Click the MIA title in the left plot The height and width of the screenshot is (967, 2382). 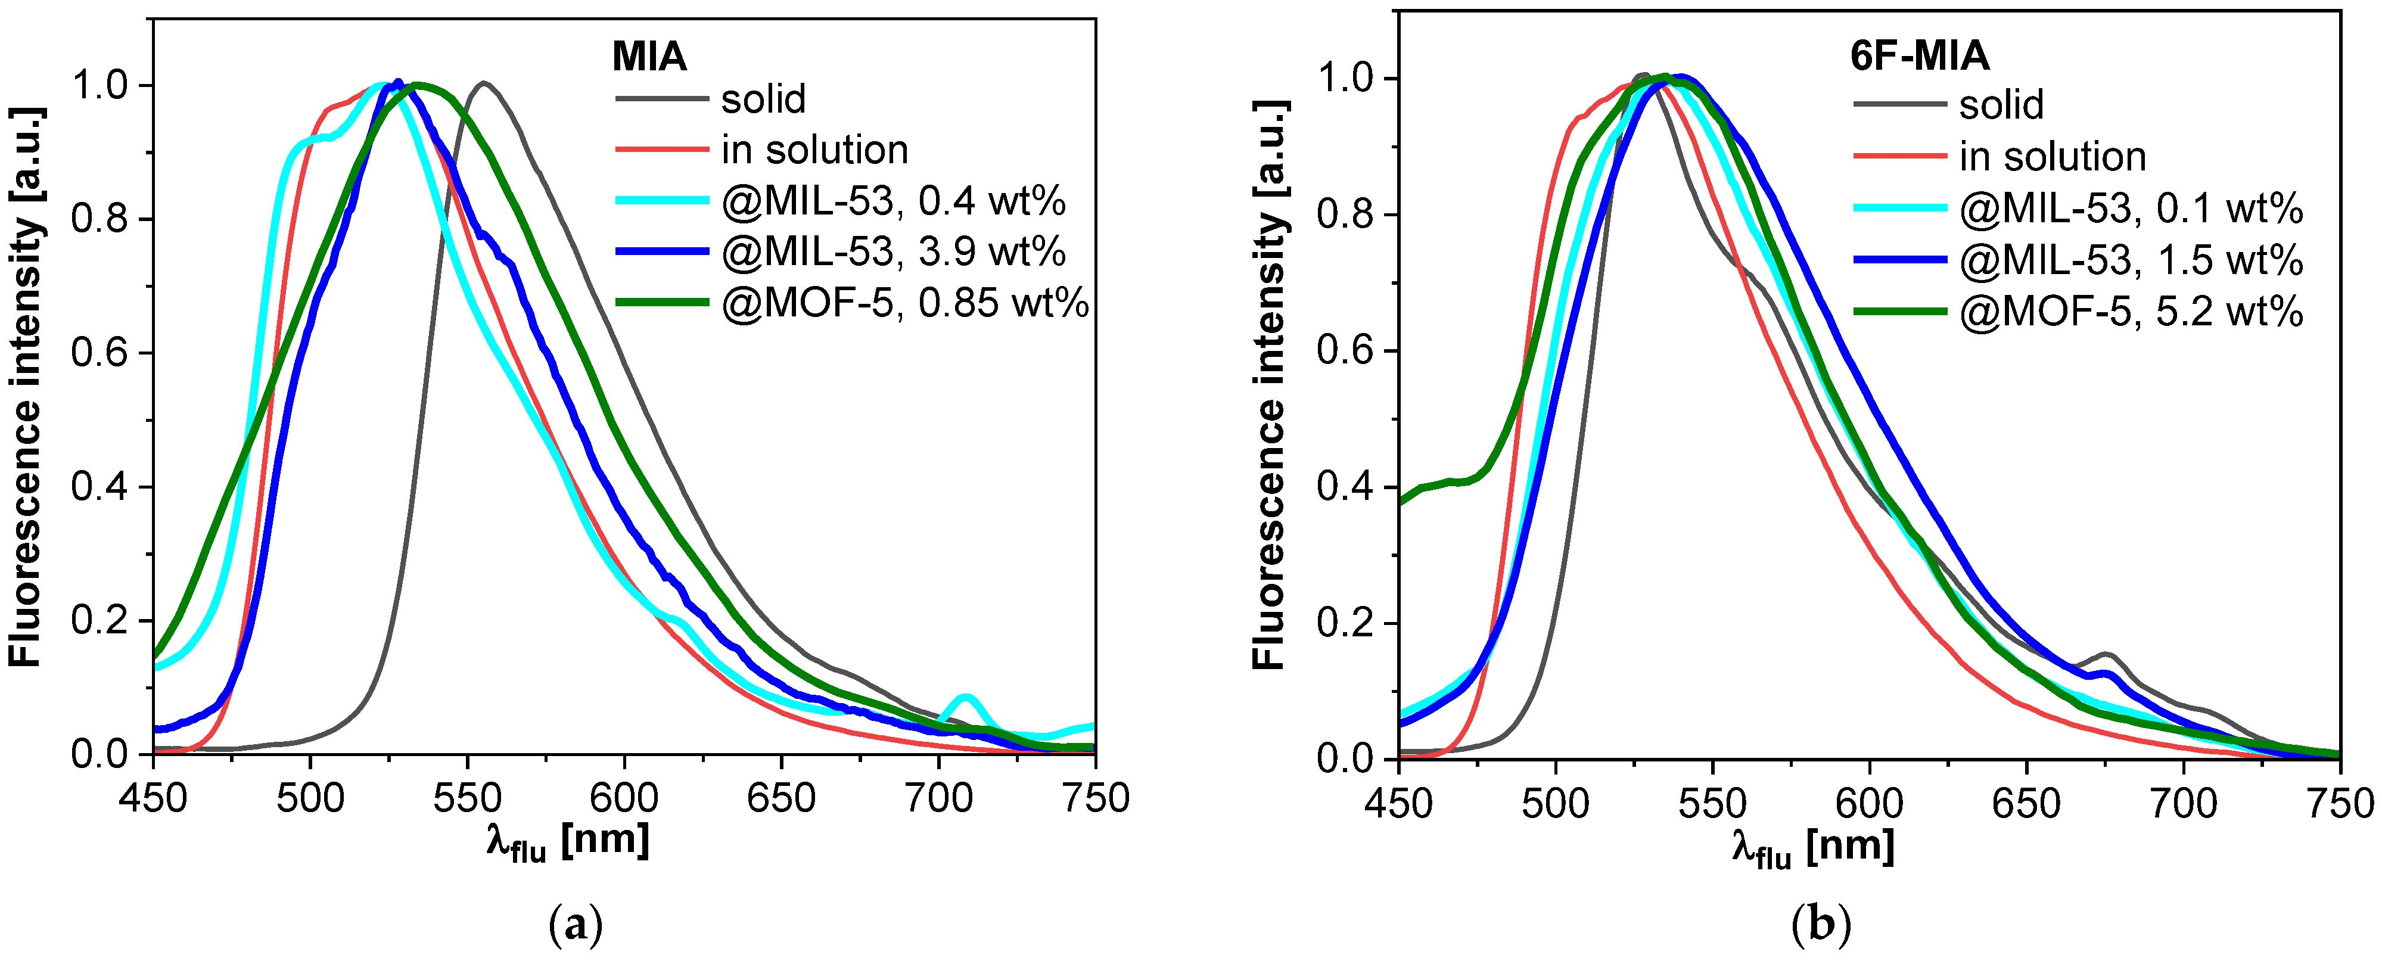[649, 57]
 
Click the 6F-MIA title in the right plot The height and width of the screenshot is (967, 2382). [1918, 57]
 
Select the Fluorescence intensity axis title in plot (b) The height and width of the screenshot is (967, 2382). [1270, 384]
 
